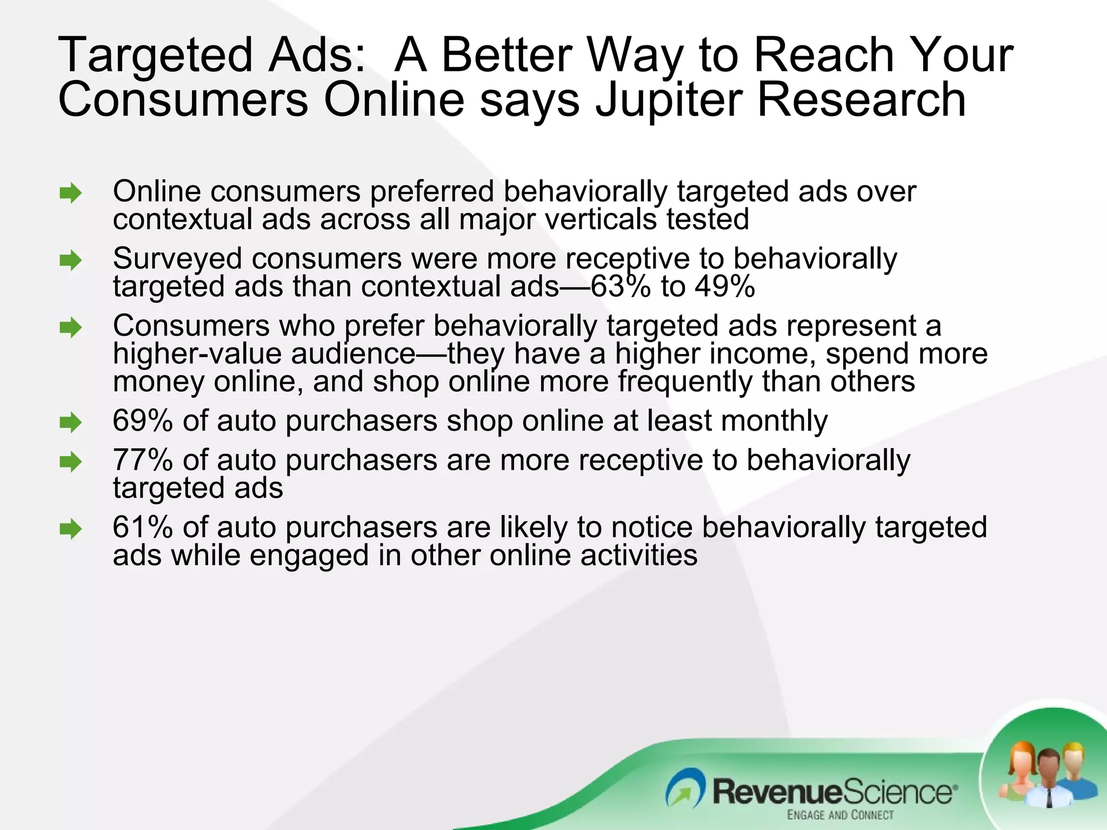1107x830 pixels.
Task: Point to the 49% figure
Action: (x=725, y=286)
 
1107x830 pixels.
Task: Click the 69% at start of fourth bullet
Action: (x=142, y=421)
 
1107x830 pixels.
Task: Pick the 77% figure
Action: (x=142, y=460)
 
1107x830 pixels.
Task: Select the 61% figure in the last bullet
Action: (x=142, y=527)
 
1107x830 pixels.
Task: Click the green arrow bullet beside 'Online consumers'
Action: (x=71, y=193)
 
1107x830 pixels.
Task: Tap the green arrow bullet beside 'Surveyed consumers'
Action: (x=71, y=260)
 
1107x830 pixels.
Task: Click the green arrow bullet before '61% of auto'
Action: (x=71, y=529)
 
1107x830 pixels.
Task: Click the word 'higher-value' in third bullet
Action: (x=197, y=354)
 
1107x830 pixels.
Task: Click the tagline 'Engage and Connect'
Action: (x=840, y=815)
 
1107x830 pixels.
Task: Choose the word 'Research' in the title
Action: (x=861, y=100)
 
